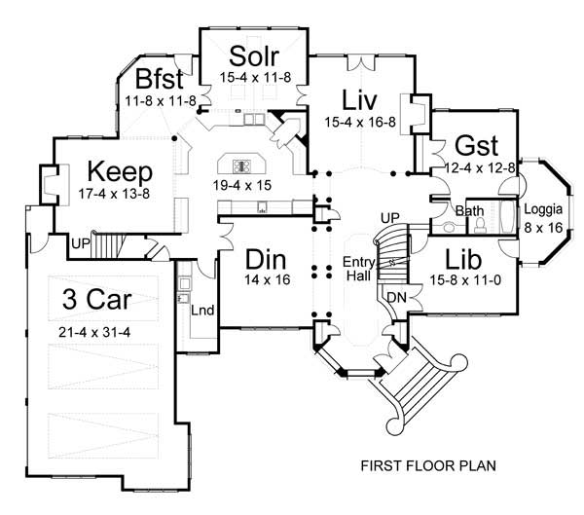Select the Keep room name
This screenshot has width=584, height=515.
(x=115, y=172)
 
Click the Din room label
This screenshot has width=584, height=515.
(x=264, y=261)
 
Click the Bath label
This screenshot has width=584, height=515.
(x=469, y=209)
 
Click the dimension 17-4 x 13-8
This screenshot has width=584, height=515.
(x=115, y=194)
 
